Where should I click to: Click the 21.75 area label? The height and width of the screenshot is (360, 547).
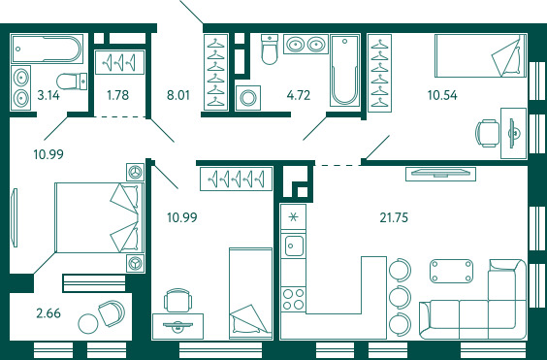coord(394,217)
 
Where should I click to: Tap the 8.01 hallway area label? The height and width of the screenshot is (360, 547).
coord(178,95)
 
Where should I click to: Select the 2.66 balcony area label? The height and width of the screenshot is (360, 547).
coord(48,313)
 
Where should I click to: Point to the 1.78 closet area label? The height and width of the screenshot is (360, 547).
coord(118,95)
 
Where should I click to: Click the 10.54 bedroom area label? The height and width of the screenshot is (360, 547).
coord(442,95)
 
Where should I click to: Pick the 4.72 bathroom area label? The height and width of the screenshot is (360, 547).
coord(299,95)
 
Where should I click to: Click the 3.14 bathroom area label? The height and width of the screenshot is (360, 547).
coord(48,95)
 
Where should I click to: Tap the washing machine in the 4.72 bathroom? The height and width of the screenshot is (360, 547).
coord(247,98)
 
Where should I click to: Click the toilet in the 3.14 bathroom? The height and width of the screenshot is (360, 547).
coord(72,82)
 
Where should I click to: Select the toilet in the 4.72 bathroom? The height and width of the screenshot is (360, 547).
coord(270,49)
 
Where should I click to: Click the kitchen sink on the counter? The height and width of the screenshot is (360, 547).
coord(294,245)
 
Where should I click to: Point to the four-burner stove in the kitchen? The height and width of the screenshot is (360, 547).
coord(294,299)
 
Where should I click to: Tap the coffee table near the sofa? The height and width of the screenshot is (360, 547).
coord(452,271)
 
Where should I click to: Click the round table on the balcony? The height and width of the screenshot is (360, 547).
coord(88,324)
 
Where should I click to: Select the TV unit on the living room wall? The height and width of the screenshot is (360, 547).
coord(440,174)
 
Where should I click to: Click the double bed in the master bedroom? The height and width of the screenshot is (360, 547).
coord(100,217)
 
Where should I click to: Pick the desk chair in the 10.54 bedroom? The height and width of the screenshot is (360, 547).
coord(487,133)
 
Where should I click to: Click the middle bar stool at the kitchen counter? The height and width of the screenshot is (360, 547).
coord(400,297)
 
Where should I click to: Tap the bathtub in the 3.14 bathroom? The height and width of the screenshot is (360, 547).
coord(47,49)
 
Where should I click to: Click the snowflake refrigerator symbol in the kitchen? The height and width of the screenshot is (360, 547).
coord(294,217)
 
